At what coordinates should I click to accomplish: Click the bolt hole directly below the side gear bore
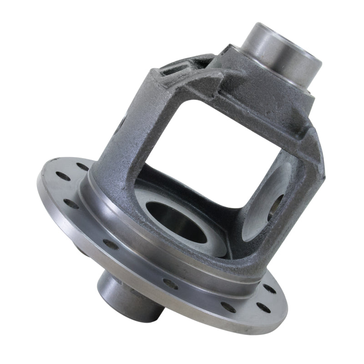(x=171, y=284)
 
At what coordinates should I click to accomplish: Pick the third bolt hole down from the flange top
(x=71, y=203)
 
